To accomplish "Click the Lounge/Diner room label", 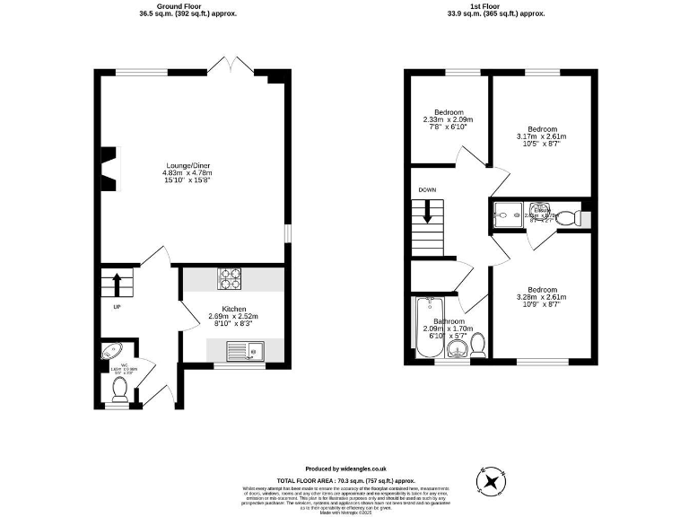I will pyautogui.click(x=188, y=171).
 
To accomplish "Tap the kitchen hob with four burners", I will pyautogui.click(x=229, y=279).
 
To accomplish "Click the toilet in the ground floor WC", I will pyautogui.click(x=119, y=389).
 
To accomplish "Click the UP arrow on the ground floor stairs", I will pyautogui.click(x=117, y=285).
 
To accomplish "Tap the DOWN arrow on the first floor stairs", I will pyautogui.click(x=428, y=214).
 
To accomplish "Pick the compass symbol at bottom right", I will pyautogui.click(x=492, y=481).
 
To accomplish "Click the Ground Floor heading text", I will pyautogui.click(x=188, y=10).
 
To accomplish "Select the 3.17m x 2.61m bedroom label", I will pyautogui.click(x=542, y=136).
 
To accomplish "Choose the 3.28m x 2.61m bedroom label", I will pyautogui.click(x=542, y=296).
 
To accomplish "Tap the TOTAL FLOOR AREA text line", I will pyautogui.click(x=344, y=480).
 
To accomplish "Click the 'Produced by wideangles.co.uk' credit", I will pyautogui.click(x=345, y=469).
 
